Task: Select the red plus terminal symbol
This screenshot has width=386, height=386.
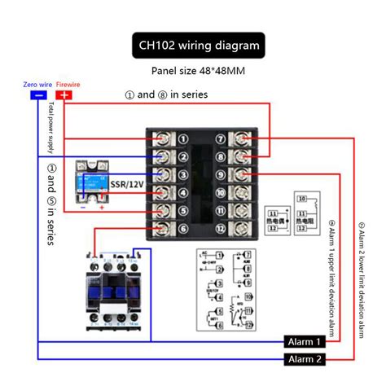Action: click(65, 95)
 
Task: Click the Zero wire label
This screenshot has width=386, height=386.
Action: click(38, 84)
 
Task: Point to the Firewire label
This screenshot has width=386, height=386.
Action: click(68, 84)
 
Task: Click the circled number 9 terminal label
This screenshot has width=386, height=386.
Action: click(220, 174)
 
